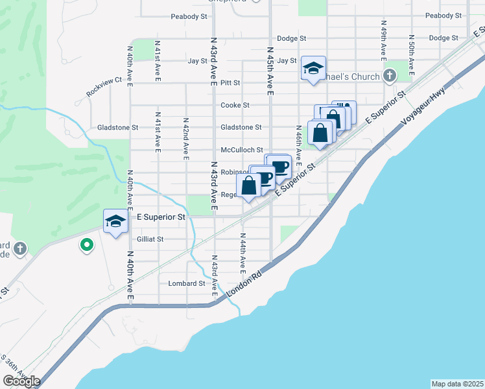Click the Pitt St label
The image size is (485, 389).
pyautogui.click(x=230, y=83)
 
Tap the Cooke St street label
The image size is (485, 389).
pyautogui.click(x=235, y=105)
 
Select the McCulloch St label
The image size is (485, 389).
pyautogui.click(x=241, y=150)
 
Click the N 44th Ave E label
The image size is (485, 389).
pyautogui.click(x=242, y=252)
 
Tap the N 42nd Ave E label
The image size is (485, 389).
pyautogui.click(x=185, y=138)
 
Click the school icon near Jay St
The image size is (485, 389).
pyautogui.click(x=313, y=68)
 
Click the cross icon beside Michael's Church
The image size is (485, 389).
pyautogui.click(x=389, y=77)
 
